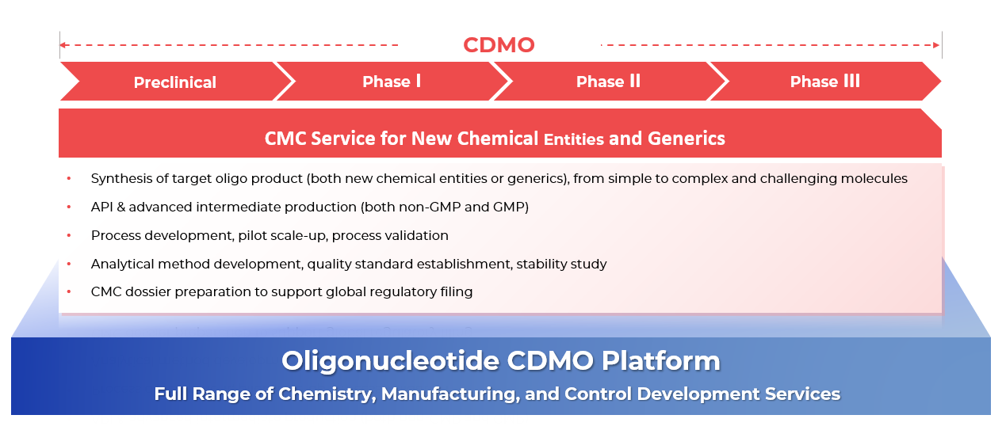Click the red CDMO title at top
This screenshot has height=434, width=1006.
point(499,45)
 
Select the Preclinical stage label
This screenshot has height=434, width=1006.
point(175,82)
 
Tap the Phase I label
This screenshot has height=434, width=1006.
point(392,82)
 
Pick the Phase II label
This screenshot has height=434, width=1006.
point(608,82)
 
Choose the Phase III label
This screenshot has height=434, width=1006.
point(825,82)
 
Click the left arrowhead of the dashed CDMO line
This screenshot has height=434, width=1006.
point(63,45)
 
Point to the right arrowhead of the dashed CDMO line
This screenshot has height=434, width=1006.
point(936,45)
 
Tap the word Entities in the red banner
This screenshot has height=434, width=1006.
point(573,139)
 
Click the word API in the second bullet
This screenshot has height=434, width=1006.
point(102,207)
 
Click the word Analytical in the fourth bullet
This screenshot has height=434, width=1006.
point(122,264)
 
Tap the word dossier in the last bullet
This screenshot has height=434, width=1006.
point(147,291)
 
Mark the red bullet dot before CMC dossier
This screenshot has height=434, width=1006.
point(69,291)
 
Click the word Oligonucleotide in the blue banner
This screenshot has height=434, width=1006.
point(390,361)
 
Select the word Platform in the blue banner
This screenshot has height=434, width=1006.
point(660,361)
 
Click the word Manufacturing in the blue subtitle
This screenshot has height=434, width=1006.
point(451,394)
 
